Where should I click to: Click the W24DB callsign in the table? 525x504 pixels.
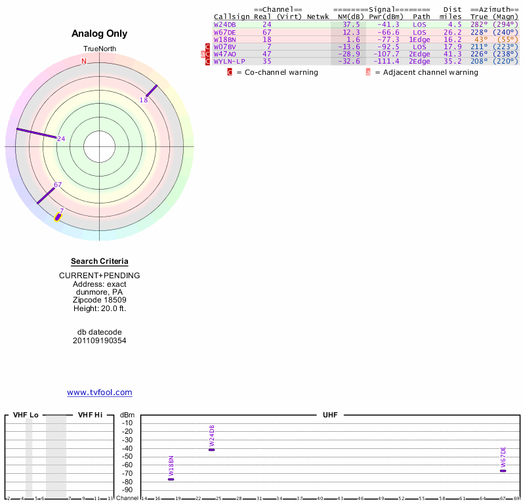click(225, 24)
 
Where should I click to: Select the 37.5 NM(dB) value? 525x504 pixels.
click(351, 24)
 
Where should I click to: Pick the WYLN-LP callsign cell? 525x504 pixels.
click(228, 61)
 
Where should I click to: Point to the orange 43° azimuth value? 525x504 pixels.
click(479, 39)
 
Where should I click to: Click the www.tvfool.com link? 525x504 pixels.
click(100, 392)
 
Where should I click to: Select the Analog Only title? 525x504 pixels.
click(100, 33)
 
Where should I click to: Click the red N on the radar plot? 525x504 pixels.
click(83, 62)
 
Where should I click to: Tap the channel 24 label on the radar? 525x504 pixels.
click(61, 138)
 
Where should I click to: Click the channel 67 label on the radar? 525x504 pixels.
click(58, 185)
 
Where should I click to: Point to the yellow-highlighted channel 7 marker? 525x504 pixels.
click(58, 216)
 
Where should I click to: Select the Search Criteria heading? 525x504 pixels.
click(100, 261)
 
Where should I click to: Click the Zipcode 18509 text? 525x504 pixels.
click(100, 300)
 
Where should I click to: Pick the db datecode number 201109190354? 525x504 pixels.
click(100, 341)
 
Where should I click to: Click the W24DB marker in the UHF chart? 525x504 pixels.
click(211, 450)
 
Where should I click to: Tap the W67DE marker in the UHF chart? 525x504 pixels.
click(503, 471)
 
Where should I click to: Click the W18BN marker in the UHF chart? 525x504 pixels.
click(171, 479)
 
